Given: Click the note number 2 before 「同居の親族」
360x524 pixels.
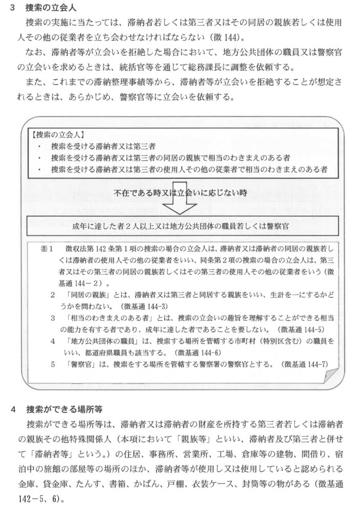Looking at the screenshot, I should (x=53, y=295).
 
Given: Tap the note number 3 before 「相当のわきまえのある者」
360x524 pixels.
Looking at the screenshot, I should (x=53, y=318).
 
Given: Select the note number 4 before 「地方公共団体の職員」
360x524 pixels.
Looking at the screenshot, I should (x=53, y=340).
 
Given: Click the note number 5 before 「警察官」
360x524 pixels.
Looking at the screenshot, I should (x=53, y=364).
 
